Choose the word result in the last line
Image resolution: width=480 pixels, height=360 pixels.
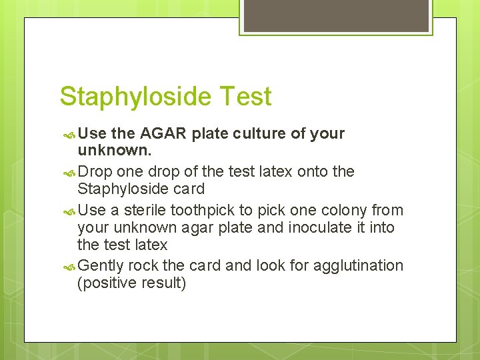163,283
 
